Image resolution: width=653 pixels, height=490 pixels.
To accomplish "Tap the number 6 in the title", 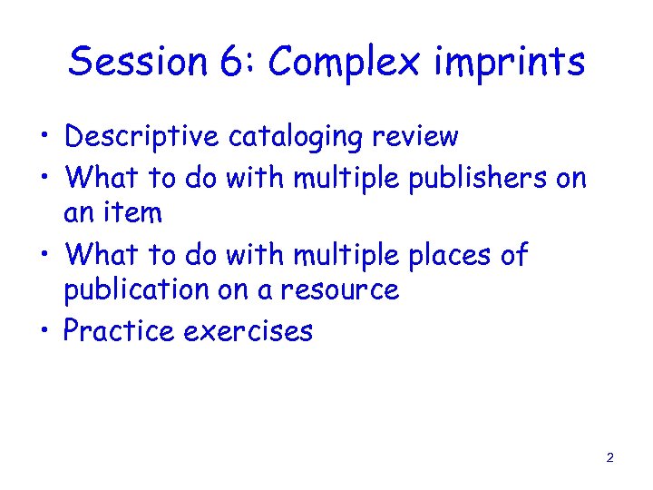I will coord(227,63).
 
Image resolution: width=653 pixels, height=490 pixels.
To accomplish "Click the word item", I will coord(132,214).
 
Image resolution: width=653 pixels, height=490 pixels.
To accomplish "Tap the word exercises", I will coord(249,330).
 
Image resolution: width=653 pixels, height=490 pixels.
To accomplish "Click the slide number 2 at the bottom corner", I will coord(609,457).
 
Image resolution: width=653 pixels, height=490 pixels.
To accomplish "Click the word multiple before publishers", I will coord(348,177).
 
